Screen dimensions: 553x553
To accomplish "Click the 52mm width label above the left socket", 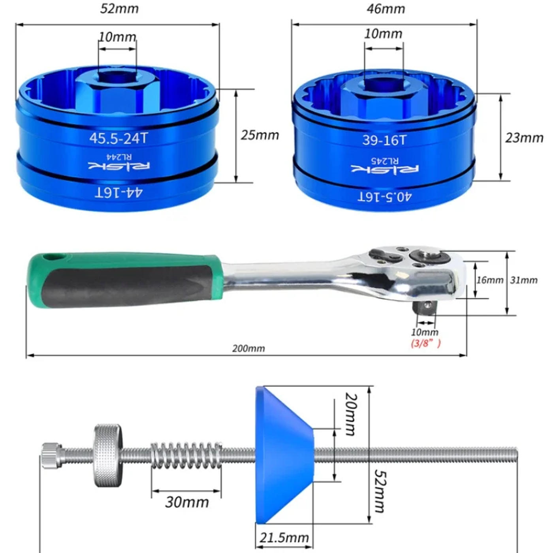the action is coord(119,9).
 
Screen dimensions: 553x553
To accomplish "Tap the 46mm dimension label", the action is coord(386,9).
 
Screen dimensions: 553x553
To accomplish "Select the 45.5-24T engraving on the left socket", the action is coord(118,138).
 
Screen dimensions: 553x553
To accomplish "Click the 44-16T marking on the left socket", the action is coord(118,192).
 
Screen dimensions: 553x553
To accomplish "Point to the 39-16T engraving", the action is coord(385,140).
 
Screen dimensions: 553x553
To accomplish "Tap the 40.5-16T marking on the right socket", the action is coord(385,197).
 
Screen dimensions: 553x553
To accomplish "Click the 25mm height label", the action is coord(260,135).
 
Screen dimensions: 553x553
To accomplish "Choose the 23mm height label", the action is coord(524,138).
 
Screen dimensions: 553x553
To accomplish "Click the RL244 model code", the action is coord(119,157).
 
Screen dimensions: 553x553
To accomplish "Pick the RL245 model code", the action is coord(385,160).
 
